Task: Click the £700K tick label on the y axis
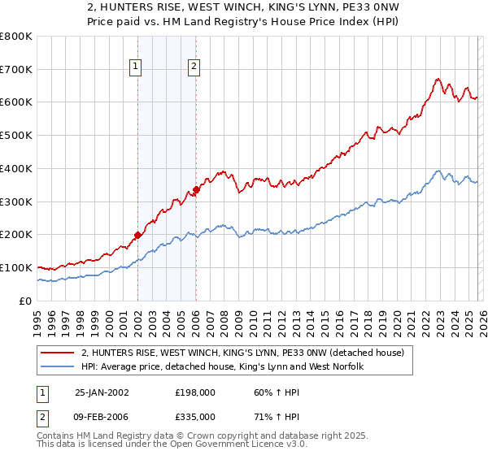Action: (x=16, y=70)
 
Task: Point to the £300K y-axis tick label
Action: (x=16, y=201)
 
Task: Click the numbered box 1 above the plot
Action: (x=136, y=67)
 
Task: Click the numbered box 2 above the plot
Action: (x=194, y=67)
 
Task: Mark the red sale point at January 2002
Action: (x=137, y=235)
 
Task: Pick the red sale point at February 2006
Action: (x=196, y=190)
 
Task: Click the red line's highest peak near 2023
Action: (x=438, y=79)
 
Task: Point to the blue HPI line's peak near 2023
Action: (x=438, y=171)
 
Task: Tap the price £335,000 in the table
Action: (x=194, y=416)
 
